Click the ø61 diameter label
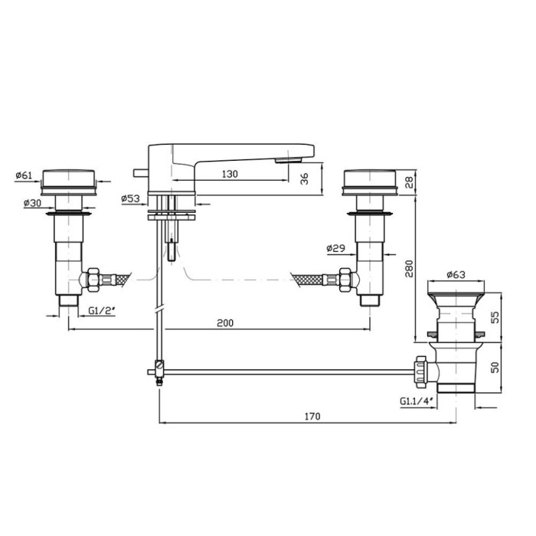point(24,175)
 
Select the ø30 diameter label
point(32,203)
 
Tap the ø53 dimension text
point(131,198)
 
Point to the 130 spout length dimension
point(230,174)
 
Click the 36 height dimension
point(304,178)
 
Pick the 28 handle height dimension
point(409,181)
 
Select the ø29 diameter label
point(335,248)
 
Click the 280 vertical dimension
point(409,269)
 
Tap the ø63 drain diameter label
point(456,274)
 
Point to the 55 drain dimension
point(495,317)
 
